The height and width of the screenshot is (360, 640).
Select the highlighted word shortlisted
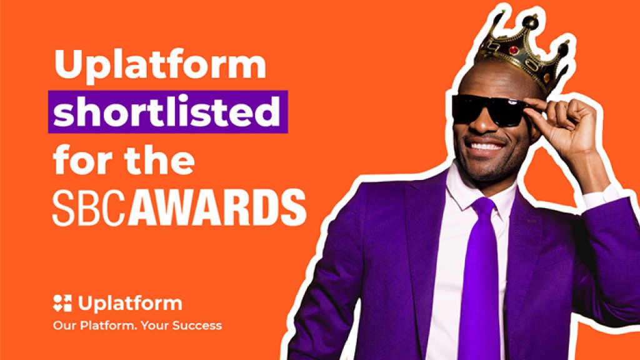click(x=167, y=112)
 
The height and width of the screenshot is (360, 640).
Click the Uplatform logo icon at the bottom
click(x=62, y=303)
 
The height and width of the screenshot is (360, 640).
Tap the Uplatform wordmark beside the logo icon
click(x=130, y=304)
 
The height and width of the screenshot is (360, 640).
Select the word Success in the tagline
click(x=199, y=326)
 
